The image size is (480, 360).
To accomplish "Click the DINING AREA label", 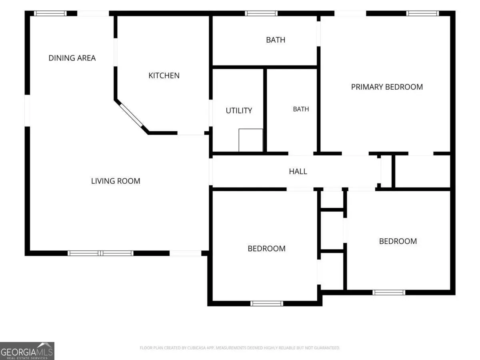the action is point(72,58).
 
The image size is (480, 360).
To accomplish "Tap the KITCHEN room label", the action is point(164,76).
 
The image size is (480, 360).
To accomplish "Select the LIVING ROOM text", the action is point(116,181).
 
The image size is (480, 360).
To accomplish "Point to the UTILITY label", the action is point(239,111).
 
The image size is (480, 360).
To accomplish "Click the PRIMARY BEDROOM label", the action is point(387,87).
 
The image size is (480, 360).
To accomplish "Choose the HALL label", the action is point(298,171).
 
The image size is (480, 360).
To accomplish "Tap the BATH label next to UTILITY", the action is point(301,109).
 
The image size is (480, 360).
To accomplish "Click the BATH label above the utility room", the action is point(276,40).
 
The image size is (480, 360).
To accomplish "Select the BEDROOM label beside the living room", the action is point(266,248).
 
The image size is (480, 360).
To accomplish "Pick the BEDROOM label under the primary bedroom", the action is point(398,241).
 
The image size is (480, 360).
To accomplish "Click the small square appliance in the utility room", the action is point(251,140).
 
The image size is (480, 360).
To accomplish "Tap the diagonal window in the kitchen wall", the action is point(131,115).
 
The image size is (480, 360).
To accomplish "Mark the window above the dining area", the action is point(50,13).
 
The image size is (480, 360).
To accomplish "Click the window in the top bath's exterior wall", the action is point(261,13).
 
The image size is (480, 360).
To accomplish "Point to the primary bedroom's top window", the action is point(422,13).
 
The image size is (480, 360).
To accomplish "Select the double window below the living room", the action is point(100,253).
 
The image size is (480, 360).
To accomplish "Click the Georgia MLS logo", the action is point(27,351).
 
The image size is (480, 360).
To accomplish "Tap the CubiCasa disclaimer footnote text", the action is point(240,348).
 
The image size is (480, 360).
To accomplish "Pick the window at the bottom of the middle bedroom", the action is point(266,303).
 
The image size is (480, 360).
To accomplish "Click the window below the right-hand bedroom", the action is point(389,292).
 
